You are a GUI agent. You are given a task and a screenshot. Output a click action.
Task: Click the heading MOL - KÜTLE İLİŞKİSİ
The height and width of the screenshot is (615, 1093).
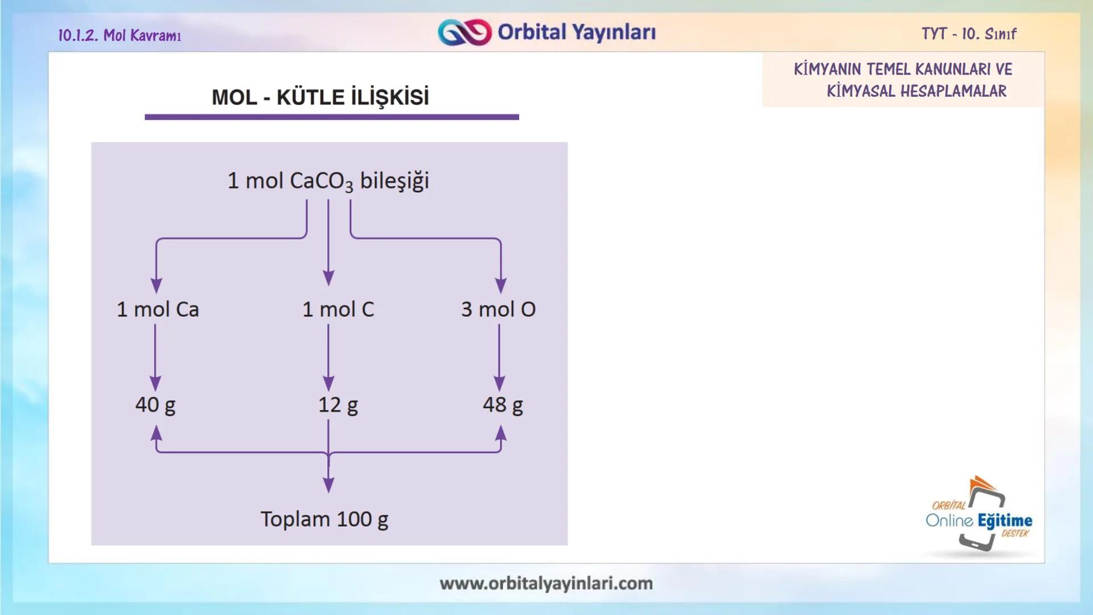[320, 97]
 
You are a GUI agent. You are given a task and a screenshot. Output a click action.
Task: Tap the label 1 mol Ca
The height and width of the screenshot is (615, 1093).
[158, 309]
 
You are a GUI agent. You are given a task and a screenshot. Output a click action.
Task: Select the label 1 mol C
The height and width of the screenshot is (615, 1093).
[338, 309]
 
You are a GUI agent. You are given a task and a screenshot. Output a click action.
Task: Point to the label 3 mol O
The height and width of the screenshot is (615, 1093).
[498, 309]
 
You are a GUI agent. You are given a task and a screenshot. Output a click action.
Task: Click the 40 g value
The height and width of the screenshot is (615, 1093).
[155, 405]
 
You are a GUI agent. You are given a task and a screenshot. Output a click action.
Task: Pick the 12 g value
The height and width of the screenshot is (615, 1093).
[338, 405]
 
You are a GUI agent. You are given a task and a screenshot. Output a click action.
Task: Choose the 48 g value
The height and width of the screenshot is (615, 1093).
[503, 405]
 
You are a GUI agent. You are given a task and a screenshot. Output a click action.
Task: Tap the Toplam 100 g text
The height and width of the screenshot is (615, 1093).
[324, 519]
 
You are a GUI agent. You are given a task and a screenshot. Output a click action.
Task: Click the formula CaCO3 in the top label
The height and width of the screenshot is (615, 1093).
[321, 181]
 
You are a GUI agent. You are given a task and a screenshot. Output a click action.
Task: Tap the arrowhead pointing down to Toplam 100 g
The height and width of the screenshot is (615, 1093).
[328, 485]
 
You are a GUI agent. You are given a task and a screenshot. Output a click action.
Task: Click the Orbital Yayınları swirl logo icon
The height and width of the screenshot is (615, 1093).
[464, 32]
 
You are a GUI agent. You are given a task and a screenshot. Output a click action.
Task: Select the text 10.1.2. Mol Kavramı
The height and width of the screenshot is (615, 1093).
[120, 35]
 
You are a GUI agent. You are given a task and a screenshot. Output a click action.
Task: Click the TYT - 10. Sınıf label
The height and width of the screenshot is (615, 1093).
[969, 34]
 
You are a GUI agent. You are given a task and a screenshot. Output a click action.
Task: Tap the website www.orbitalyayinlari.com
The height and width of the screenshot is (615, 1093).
[546, 583]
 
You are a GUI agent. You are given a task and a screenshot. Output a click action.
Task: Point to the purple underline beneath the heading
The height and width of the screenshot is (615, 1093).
[331, 117]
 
